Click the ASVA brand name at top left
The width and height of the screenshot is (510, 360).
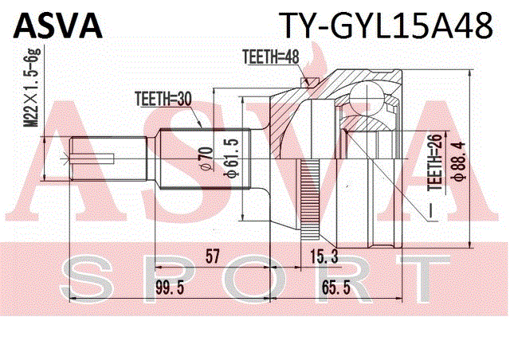(58, 26)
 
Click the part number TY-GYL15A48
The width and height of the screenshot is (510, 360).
(386, 26)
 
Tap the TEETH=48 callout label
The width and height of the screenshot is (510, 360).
(271, 57)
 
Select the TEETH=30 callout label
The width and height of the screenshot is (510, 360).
(163, 100)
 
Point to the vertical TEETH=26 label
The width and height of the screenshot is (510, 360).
(436, 162)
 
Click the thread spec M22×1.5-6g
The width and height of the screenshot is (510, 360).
(32, 87)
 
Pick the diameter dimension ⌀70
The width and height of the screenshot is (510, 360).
(206, 158)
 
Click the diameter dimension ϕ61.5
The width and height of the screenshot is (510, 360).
(232, 158)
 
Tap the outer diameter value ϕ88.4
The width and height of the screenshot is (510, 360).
(459, 161)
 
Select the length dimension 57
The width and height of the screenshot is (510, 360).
(213, 256)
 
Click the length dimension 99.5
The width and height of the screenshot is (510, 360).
(170, 288)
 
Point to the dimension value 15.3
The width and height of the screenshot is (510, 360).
(324, 256)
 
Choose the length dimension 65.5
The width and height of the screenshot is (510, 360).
(336, 288)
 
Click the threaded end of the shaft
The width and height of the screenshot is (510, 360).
(108, 158)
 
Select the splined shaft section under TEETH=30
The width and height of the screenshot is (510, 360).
(206, 158)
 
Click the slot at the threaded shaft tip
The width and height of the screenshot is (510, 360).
(93, 158)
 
